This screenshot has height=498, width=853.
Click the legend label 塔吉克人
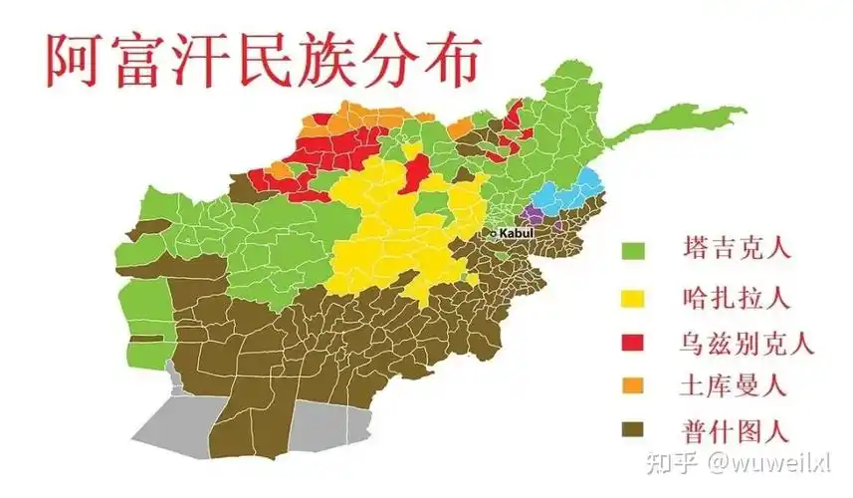737,249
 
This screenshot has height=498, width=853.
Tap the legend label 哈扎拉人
737,297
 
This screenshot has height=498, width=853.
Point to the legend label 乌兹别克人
748,344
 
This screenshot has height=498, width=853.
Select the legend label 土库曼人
737,384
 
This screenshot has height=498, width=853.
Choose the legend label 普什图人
737,430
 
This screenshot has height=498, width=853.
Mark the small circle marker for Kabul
493,233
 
